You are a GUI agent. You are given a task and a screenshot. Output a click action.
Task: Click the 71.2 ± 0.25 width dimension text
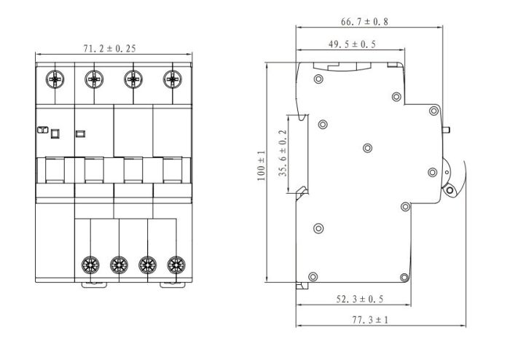111,49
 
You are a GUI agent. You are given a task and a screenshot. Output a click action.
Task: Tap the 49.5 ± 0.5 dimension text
351,44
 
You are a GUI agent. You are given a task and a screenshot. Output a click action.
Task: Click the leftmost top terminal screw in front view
55,78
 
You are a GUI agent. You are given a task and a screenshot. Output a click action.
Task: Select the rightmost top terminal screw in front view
173,78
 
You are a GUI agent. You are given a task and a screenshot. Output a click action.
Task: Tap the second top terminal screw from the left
94,78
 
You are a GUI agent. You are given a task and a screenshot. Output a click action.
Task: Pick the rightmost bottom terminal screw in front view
174,264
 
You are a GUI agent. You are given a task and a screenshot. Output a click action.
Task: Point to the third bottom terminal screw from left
147,264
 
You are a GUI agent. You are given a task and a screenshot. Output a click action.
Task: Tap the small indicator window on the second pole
80,133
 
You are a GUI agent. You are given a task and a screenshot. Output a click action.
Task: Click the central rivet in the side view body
367,148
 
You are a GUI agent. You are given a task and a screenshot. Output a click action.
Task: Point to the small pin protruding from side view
447,131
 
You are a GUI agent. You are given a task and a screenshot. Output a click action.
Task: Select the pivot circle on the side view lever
449,192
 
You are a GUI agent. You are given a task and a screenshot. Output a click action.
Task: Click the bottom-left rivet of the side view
313,275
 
